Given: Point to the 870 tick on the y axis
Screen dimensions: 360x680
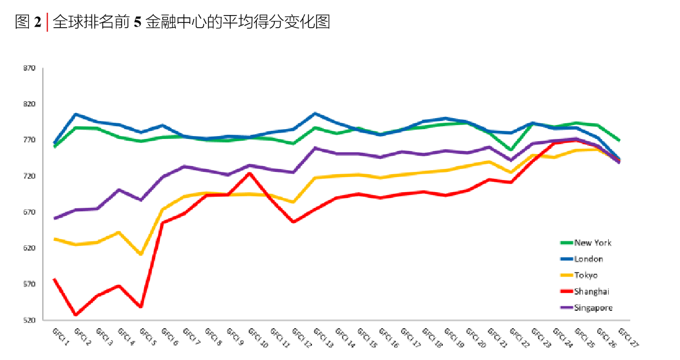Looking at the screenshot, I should coord(30,68).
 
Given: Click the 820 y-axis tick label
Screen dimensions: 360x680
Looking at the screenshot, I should coord(30,104).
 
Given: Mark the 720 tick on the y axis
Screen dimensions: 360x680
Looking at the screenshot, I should coord(30,176).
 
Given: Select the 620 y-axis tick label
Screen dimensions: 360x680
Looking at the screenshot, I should coord(30,248).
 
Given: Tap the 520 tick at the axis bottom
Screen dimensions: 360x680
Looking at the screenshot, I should coord(30,320).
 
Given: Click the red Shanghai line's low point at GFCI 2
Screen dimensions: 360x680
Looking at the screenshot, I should coord(76,315).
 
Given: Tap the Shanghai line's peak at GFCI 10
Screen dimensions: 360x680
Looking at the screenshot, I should coord(249,173).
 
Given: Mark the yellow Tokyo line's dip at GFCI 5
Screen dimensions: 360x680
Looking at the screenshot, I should coord(141,254).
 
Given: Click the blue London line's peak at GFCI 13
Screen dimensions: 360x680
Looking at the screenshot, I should coord(315,113).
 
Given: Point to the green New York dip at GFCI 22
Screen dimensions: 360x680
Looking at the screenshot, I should coord(510,150).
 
